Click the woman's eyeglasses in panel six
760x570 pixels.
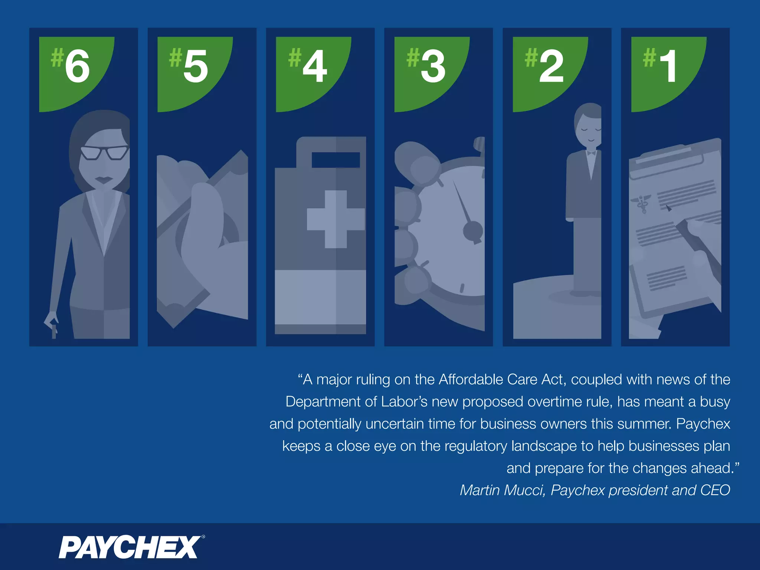tap(105, 153)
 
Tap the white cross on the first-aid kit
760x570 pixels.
tap(335, 219)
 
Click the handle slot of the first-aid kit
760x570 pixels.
tap(335, 160)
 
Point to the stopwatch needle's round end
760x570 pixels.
tap(473, 231)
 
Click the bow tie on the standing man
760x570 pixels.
tap(591, 153)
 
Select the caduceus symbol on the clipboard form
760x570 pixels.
tap(642, 204)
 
